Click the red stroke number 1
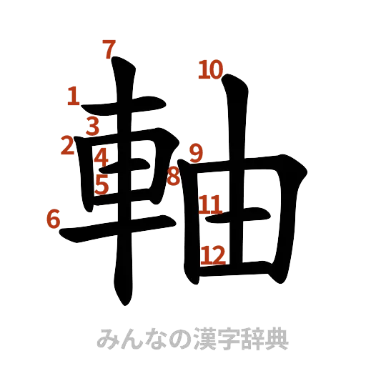tap(72, 97)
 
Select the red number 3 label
tap(94, 127)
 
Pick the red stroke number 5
tap(102, 184)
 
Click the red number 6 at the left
tap(53, 218)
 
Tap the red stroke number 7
tap(108, 50)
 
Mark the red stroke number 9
tap(196, 152)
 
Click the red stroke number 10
tap(211, 70)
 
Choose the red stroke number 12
tap(214, 253)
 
